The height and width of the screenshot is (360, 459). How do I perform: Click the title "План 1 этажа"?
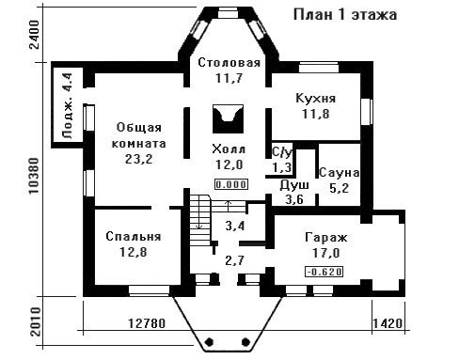(x=345, y=15)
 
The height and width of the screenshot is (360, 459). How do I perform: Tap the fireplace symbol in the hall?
(x=228, y=118)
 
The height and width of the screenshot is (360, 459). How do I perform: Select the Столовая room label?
(x=229, y=63)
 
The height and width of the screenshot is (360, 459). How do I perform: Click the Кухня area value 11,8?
(x=316, y=114)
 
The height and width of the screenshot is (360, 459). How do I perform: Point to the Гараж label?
(x=326, y=237)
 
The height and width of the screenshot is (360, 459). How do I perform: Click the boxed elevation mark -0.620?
(x=324, y=272)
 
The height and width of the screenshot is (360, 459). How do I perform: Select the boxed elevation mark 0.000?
(x=231, y=184)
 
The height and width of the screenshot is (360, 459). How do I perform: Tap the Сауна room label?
(x=339, y=173)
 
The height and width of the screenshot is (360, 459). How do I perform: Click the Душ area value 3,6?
(x=294, y=199)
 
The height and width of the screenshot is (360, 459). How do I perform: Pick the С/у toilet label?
(x=282, y=152)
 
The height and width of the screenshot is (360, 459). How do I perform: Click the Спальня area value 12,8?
(x=134, y=252)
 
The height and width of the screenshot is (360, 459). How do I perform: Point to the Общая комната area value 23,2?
(x=139, y=159)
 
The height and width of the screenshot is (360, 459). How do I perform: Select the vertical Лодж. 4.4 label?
(x=68, y=106)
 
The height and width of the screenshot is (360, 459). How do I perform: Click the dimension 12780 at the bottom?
(x=147, y=323)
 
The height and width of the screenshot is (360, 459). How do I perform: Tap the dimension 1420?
(x=388, y=323)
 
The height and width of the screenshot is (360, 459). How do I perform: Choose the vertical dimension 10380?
(x=34, y=176)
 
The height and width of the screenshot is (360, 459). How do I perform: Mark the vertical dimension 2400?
(x=34, y=35)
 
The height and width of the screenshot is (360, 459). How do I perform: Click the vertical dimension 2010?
(x=36, y=321)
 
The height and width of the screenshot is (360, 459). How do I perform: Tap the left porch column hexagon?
(x=210, y=341)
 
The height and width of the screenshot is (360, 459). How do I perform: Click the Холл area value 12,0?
(x=229, y=164)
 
